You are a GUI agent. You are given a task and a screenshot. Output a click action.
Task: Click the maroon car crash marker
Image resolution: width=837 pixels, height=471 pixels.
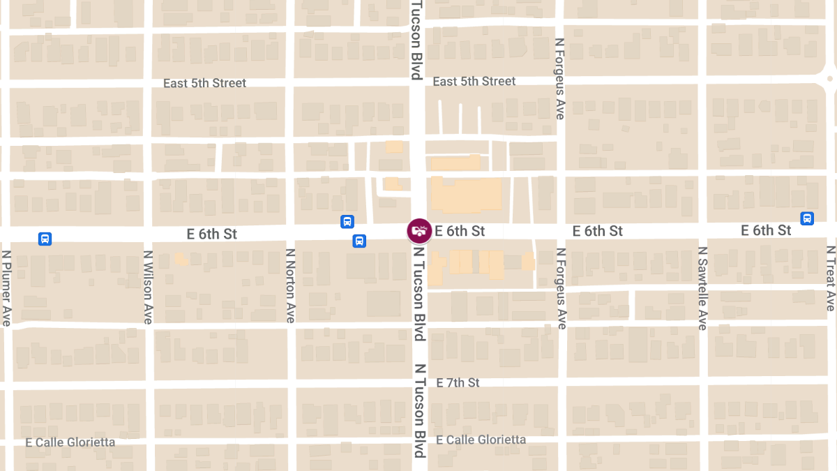pos(419,231)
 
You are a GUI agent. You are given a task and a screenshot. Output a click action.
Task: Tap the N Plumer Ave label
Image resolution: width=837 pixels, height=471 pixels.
pos(6,287)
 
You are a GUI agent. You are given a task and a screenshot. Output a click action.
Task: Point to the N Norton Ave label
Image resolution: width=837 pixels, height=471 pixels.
pos(290,285)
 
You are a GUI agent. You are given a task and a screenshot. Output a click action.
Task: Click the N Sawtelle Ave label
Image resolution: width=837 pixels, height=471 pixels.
pos(702,288)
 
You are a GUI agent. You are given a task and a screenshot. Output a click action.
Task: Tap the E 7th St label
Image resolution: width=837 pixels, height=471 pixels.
pos(458,383)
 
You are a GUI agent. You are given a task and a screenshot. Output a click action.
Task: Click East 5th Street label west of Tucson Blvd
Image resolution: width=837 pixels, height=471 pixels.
pos(204,83)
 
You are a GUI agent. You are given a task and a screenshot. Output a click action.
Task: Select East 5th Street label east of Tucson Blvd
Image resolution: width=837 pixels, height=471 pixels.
pos(474,82)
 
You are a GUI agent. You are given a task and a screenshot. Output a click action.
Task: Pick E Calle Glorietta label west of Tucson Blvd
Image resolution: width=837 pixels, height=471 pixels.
pos(70,442)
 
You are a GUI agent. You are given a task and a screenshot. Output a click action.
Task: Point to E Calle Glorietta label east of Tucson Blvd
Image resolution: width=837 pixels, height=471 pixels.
pos(481,440)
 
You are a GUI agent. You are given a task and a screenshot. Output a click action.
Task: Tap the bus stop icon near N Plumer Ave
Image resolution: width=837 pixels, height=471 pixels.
pos(45,239)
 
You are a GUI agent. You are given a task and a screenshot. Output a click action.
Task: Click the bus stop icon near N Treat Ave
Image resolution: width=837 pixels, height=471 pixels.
pos(807,218)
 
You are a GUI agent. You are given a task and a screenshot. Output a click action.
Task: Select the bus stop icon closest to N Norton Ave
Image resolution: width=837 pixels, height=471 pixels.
pos(347,222)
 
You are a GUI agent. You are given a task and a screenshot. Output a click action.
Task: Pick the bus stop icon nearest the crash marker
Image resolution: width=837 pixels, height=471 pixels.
pos(359,241)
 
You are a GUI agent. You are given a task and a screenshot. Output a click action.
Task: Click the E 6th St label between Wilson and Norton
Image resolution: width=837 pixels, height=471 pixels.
pos(212,234)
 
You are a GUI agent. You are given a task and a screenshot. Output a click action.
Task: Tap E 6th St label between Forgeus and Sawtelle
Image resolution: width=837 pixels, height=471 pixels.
pos(598,231)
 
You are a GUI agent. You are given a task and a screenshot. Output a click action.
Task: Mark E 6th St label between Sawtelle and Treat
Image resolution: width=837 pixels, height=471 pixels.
pos(766,230)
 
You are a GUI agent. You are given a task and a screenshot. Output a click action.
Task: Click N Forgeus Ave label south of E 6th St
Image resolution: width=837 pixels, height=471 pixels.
pos(561,288)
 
